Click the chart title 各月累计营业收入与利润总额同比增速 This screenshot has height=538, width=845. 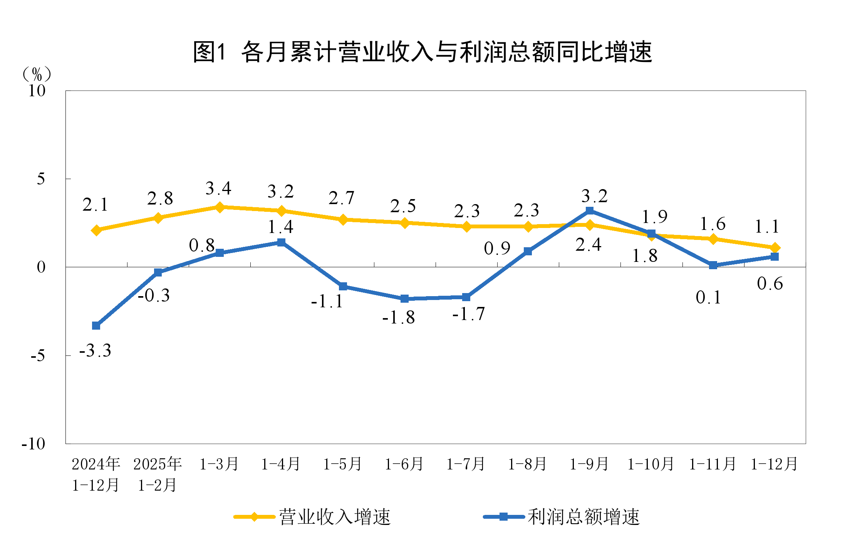(422, 52)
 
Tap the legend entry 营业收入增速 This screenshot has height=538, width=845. (334, 517)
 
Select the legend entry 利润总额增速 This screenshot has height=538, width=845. (583, 517)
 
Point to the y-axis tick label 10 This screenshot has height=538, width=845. (37, 91)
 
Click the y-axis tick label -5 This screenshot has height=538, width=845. (38, 355)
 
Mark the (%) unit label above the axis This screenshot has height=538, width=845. (37, 74)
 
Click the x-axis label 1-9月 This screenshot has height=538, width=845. (589, 464)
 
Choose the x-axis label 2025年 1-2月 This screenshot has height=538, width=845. (158, 474)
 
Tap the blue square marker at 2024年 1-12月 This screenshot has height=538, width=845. (96, 326)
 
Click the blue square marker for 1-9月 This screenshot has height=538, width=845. (590, 211)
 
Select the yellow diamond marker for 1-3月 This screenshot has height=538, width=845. (220, 207)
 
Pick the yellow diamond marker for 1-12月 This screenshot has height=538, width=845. (775, 248)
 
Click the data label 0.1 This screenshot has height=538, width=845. (708, 297)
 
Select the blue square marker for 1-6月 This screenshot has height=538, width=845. (404, 299)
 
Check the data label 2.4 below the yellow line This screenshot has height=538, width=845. (588, 245)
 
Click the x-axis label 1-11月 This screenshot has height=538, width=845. (713, 464)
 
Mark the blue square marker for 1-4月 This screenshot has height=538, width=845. (281, 242)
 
